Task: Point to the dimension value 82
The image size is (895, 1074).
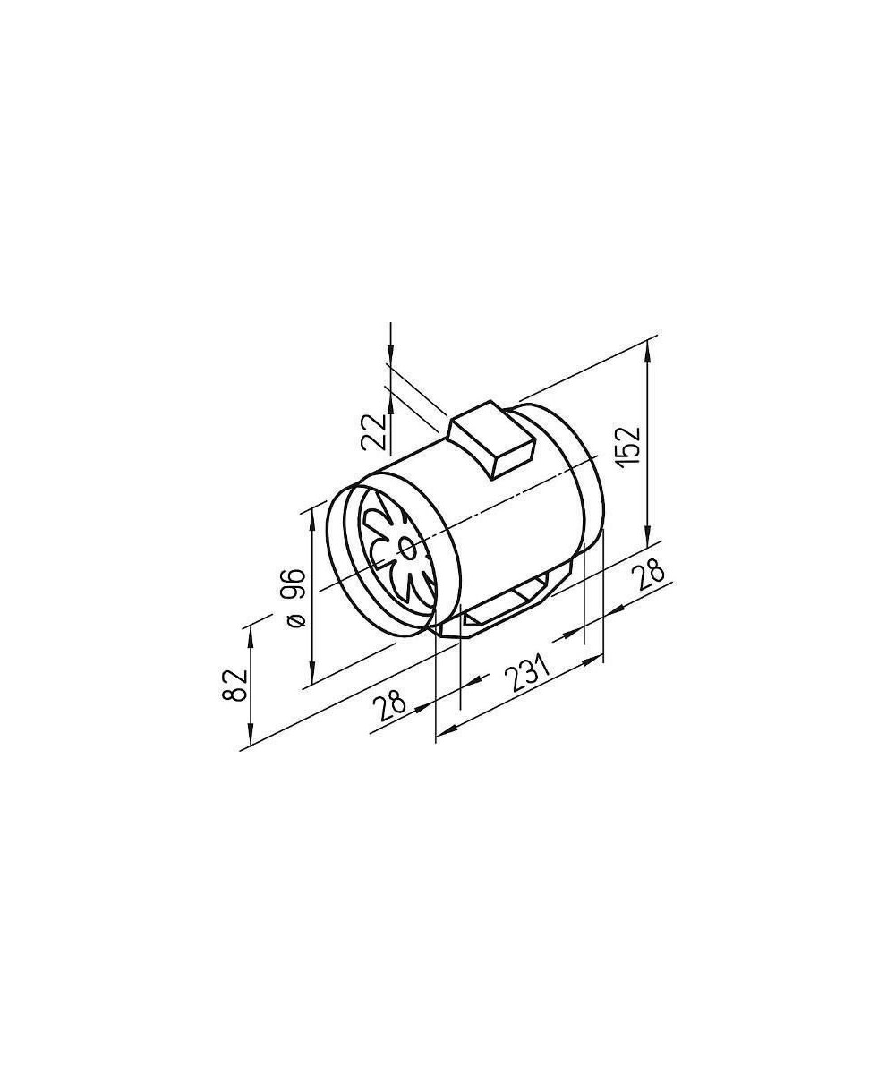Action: point(234,686)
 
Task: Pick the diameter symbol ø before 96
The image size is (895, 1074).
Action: point(297,620)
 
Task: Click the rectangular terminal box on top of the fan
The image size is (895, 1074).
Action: point(492,439)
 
